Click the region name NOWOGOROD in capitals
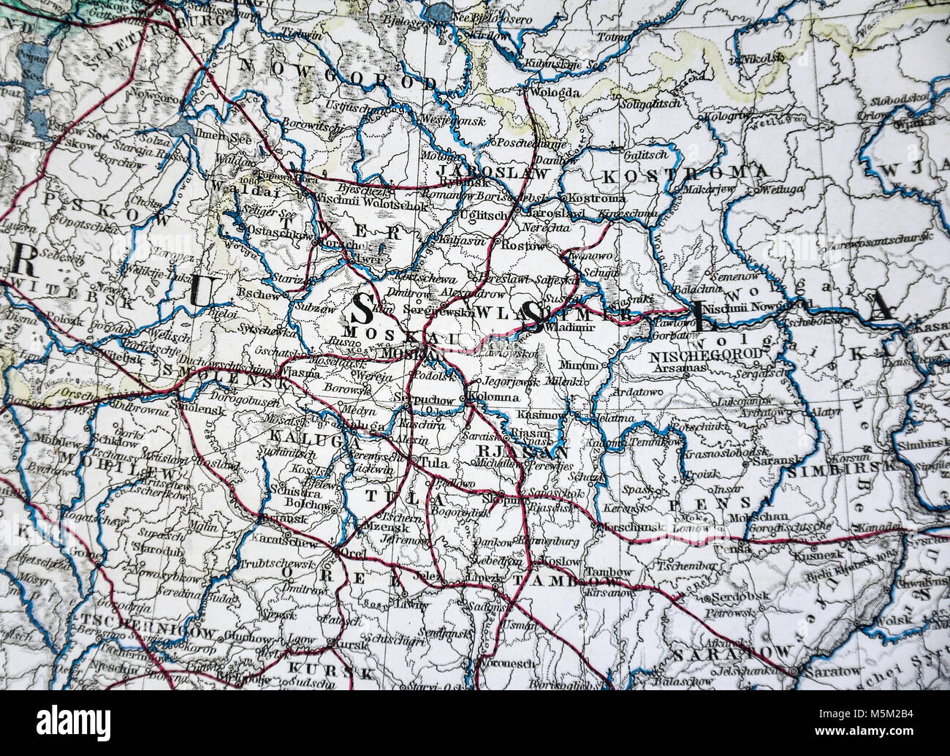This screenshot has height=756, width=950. pos(338,79)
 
